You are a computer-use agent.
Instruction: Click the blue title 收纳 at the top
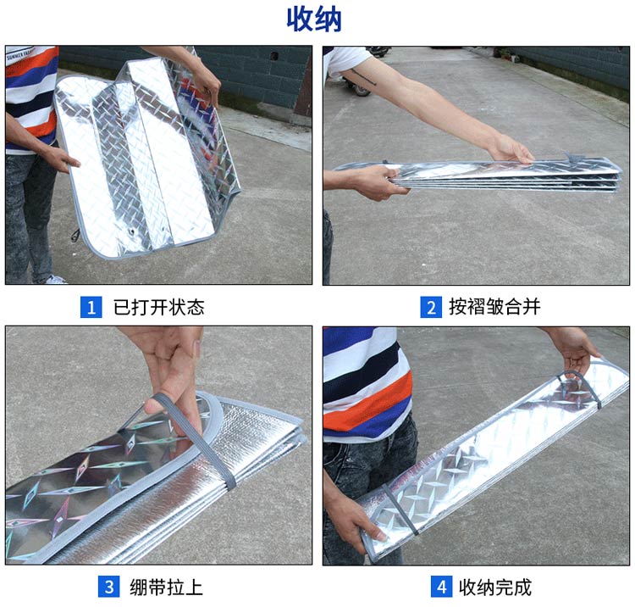[314, 19]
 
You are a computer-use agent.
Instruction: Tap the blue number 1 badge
[91, 307]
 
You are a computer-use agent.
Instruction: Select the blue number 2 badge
[431, 307]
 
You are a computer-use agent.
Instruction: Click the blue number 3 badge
[109, 587]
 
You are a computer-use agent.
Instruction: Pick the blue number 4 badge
[441, 587]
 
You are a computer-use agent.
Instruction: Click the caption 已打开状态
[159, 307]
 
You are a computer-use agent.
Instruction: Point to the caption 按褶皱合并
[494, 307]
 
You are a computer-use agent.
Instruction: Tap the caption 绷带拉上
[167, 588]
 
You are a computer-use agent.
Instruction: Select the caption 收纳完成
[495, 588]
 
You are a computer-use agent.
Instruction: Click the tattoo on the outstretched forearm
[364, 77]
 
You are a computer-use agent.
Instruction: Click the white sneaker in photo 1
[56, 280]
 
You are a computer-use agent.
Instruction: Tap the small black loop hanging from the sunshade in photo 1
[75, 235]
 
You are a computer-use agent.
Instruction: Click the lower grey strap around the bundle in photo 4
[400, 509]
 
